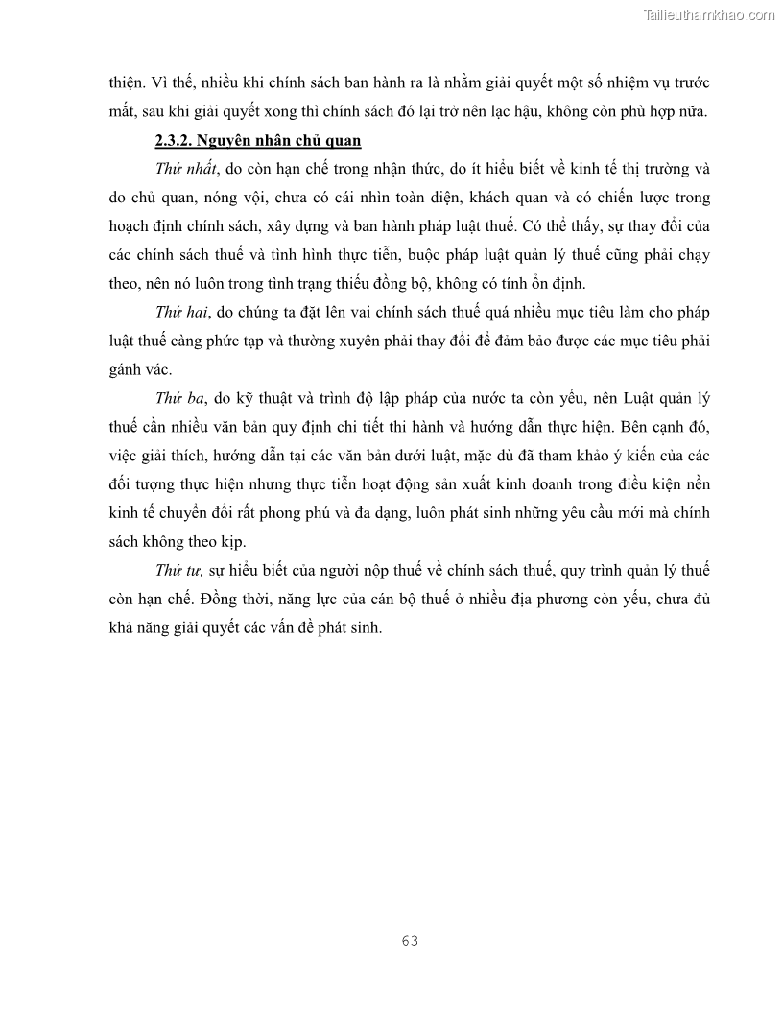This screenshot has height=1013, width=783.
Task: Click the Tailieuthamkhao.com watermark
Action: [709, 15]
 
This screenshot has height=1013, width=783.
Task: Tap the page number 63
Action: [410, 940]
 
